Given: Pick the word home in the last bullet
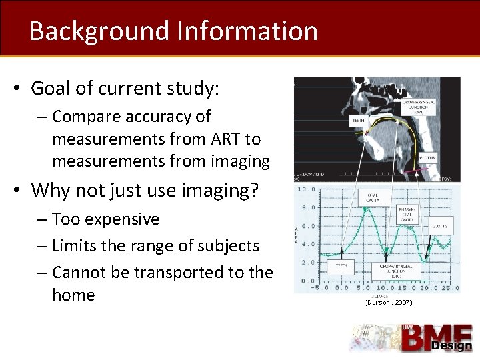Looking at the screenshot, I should (x=73, y=295).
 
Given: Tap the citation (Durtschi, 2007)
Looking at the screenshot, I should (x=388, y=303).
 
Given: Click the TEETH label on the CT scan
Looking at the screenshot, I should (x=358, y=121).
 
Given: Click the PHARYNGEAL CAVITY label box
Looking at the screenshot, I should (x=407, y=213).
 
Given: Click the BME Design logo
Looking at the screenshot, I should (x=413, y=338).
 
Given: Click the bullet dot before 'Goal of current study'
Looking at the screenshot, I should (x=19, y=89).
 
